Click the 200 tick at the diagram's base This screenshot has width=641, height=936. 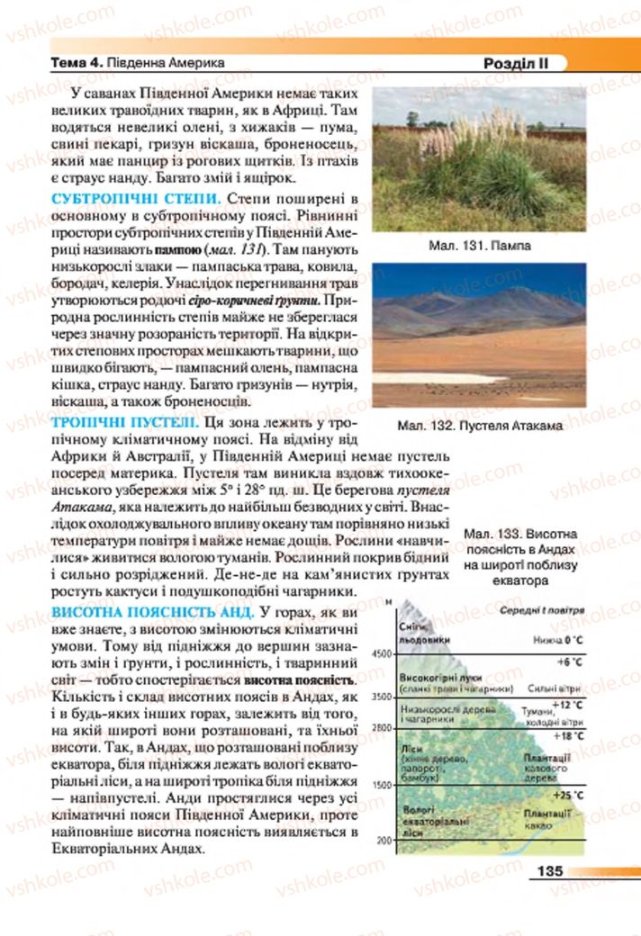(x=385, y=840)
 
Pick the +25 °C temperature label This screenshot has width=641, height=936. (x=567, y=795)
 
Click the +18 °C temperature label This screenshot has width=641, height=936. (x=567, y=736)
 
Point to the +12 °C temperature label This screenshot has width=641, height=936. (x=567, y=704)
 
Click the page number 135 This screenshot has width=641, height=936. (x=548, y=870)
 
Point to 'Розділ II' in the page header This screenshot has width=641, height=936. (x=514, y=63)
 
